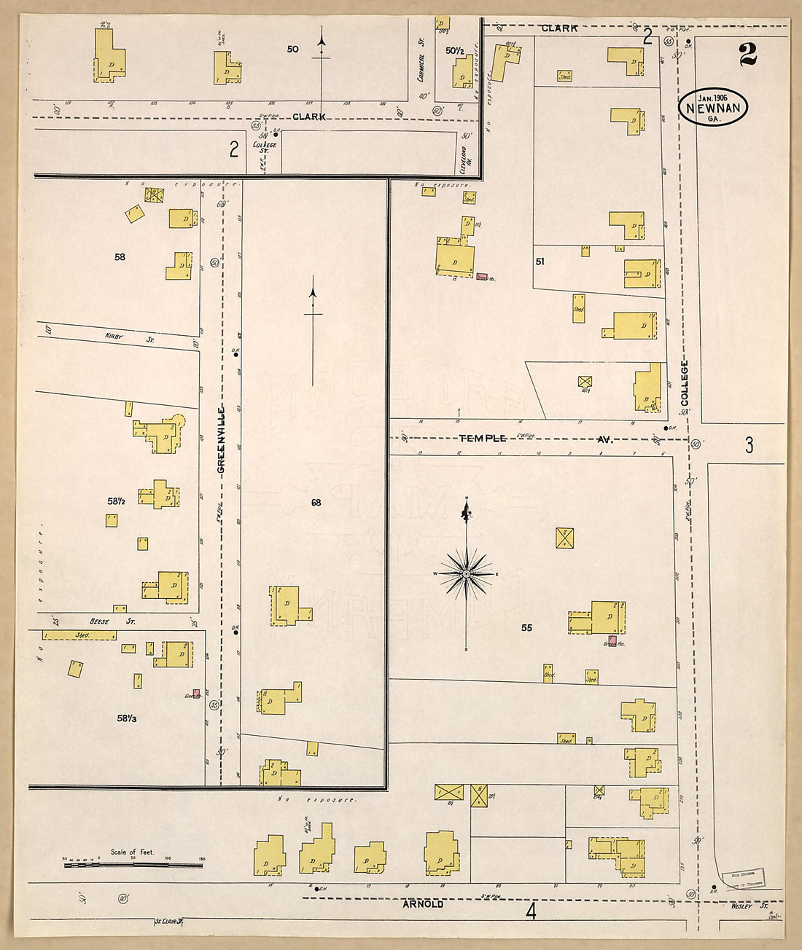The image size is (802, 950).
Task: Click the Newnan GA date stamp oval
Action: (x=714, y=108)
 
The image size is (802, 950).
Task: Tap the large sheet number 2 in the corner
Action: (x=747, y=55)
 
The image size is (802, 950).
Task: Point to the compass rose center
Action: (x=466, y=574)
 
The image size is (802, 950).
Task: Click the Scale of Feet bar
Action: (x=133, y=865)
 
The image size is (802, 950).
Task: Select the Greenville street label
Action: (x=221, y=441)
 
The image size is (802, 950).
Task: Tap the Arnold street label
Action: (x=423, y=904)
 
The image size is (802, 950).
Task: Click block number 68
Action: (x=316, y=503)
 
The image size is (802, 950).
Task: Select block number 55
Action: (x=526, y=627)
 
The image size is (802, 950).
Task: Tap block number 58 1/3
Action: (x=126, y=718)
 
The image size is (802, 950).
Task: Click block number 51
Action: (x=540, y=261)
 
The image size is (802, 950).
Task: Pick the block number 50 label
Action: (x=292, y=50)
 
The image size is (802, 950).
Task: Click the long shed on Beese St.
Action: (x=79, y=635)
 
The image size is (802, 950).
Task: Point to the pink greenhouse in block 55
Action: (x=612, y=640)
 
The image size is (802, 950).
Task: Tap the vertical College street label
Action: (x=685, y=383)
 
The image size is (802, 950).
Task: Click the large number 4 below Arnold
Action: (x=531, y=911)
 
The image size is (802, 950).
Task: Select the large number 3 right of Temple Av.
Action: (x=749, y=445)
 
